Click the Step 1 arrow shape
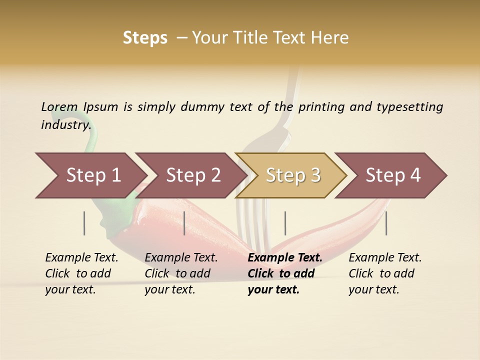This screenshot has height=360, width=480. [x=90, y=175]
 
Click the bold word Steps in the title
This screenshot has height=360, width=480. [x=145, y=38]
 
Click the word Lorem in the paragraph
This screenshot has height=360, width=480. [x=59, y=106]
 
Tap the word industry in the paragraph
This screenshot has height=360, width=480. [x=65, y=124]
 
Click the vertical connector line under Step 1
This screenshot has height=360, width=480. [x=84, y=223]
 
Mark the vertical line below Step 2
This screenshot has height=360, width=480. [x=184, y=223]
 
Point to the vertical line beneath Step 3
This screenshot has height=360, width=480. [x=285, y=223]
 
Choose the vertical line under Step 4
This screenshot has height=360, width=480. [x=386, y=223]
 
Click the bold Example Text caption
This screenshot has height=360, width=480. [x=285, y=258]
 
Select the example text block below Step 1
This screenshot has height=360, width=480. [x=81, y=273]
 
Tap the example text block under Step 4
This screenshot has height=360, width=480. [x=384, y=273]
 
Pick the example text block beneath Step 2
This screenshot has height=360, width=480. [x=180, y=273]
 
